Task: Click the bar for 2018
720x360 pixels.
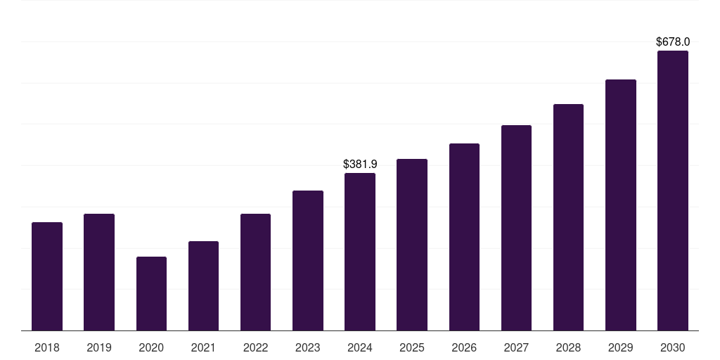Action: coord(47,276)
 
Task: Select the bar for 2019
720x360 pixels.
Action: coord(99,272)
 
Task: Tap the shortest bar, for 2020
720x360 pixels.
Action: coord(151,293)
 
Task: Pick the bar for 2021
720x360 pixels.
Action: coord(203,285)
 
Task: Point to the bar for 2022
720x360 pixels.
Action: coord(255,272)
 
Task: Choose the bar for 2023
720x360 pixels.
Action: coord(308,260)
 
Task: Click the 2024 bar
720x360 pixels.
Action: coord(360,252)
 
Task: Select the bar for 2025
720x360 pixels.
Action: coord(412,245)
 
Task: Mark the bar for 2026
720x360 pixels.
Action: coord(464,237)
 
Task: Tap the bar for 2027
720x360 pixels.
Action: coord(516,228)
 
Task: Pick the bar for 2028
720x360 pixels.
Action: coord(568,217)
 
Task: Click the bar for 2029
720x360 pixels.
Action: coord(621,205)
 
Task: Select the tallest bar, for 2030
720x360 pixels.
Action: coord(673,191)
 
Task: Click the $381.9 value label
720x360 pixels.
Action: coord(360,164)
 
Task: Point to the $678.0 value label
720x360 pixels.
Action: coord(673,42)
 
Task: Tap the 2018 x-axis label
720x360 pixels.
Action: coord(47,347)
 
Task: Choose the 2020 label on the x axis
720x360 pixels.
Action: coord(151,347)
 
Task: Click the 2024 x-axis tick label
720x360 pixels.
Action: coord(360,347)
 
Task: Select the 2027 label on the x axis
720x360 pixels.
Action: coord(516,347)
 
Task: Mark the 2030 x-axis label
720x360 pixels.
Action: coord(673,347)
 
